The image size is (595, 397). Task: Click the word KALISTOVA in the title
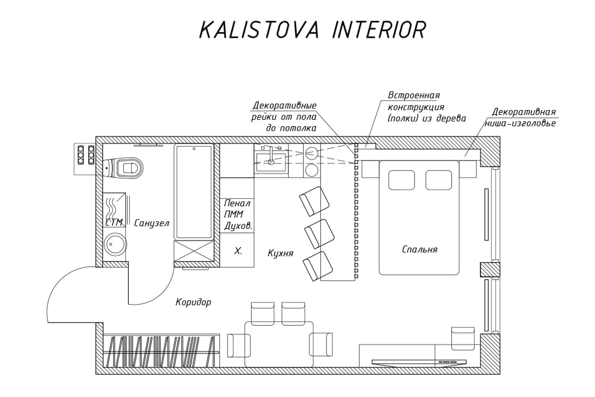pyautogui.click(x=259, y=30)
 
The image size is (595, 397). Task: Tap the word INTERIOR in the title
pyautogui.click(x=379, y=30)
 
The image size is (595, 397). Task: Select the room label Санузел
pyautogui.click(x=152, y=223)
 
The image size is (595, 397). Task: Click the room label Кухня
pyautogui.click(x=280, y=253)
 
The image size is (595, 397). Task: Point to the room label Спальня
pyautogui.click(x=419, y=249)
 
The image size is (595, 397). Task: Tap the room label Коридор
pyautogui.click(x=193, y=302)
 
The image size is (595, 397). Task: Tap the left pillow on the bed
pyautogui.click(x=401, y=180)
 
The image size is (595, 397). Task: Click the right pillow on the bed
pyautogui.click(x=439, y=180)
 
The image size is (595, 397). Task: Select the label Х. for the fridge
pyautogui.click(x=238, y=251)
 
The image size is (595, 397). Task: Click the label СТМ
pyautogui.click(x=114, y=222)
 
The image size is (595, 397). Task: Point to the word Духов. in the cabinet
pyautogui.click(x=238, y=226)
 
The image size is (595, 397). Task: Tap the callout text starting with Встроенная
pyautogui.click(x=426, y=107)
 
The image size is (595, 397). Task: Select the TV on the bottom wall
pyautogui.click(x=419, y=362)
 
